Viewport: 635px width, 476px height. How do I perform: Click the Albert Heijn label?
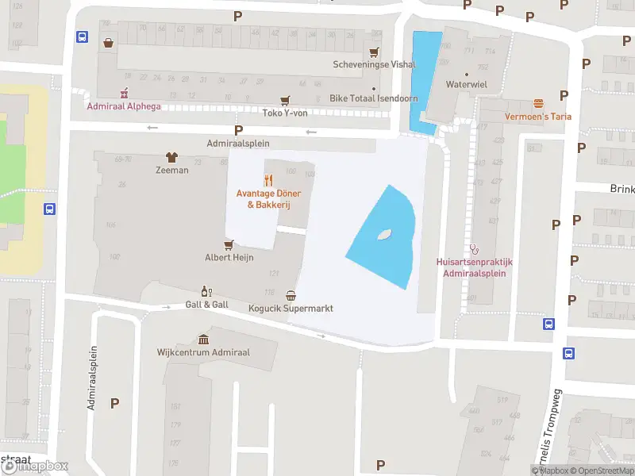click(x=229, y=258)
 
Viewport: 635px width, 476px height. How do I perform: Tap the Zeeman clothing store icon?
click(x=171, y=158)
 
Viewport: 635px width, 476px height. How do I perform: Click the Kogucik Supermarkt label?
click(x=291, y=308)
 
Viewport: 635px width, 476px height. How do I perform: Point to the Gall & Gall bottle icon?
click(x=206, y=291)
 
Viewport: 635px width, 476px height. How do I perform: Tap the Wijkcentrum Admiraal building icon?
click(x=204, y=339)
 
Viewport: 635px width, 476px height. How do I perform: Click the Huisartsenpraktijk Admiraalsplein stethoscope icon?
click(x=475, y=248)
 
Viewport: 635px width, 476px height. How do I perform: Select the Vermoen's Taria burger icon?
click(x=539, y=103)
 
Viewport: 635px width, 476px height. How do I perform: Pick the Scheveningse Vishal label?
click(x=363, y=65)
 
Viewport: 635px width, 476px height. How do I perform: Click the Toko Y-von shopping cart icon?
click(x=285, y=100)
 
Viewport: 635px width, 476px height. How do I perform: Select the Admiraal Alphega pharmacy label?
click(x=123, y=106)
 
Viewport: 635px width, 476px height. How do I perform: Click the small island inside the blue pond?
click(x=385, y=235)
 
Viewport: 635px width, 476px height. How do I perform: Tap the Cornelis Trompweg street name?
click(x=550, y=441)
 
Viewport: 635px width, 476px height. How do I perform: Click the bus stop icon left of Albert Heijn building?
click(x=49, y=209)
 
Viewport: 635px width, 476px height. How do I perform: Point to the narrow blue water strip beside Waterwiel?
click(x=425, y=79)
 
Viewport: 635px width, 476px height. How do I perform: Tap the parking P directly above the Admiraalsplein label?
click(x=237, y=130)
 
